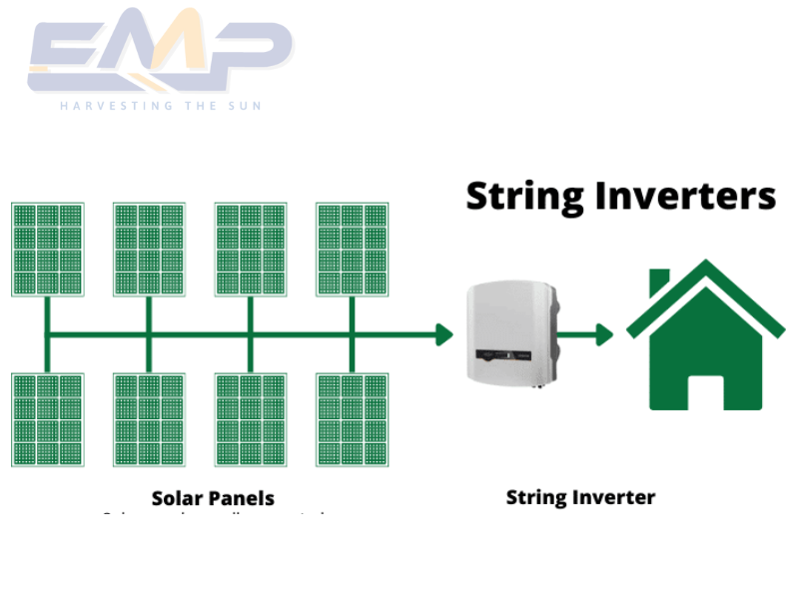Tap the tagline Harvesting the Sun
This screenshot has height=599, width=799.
point(160,105)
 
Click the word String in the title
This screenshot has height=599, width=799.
point(525,197)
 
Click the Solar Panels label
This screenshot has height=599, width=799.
point(213,497)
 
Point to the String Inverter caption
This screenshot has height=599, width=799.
point(580,497)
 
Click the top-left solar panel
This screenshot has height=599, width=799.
point(47,250)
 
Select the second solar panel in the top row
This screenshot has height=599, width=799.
point(149,250)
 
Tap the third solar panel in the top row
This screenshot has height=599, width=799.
point(251,250)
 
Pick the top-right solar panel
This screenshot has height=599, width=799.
point(353,250)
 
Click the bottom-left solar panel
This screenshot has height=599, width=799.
point(47,419)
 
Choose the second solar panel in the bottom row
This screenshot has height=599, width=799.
point(149,419)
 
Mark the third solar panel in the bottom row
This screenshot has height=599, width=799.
point(251,419)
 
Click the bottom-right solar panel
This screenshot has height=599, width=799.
point(353,419)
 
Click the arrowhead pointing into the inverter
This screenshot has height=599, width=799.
point(444,334)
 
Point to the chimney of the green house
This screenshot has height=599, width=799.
point(659,283)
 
